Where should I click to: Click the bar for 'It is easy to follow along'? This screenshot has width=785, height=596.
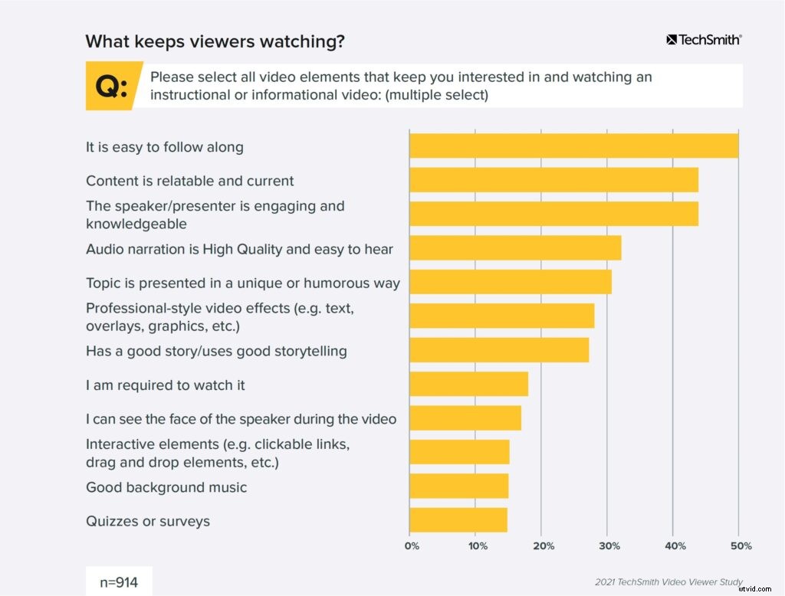point(573,146)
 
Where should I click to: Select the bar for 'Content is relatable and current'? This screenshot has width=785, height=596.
point(553,180)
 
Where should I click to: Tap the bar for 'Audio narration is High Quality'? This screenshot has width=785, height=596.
point(515,248)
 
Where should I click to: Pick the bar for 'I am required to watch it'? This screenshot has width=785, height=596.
point(468,384)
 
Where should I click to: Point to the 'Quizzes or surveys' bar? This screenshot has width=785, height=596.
point(458,519)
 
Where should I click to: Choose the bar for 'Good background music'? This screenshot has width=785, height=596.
point(458,486)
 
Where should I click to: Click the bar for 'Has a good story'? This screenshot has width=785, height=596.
point(499,350)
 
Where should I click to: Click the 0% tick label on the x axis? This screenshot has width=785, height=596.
point(412,546)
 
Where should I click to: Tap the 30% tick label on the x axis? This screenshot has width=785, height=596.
point(608,546)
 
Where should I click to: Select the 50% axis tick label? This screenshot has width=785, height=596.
point(740,546)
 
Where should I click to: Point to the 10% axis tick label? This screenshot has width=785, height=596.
point(477,546)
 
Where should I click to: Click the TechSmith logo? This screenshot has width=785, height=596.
point(704,39)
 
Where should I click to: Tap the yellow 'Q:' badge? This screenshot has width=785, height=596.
point(113,87)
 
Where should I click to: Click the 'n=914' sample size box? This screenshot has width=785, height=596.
point(119,581)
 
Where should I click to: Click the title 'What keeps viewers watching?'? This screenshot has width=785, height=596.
point(215,41)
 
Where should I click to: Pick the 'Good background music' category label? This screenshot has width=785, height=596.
point(166,487)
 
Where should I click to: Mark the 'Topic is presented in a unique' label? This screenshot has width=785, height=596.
point(242,283)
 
